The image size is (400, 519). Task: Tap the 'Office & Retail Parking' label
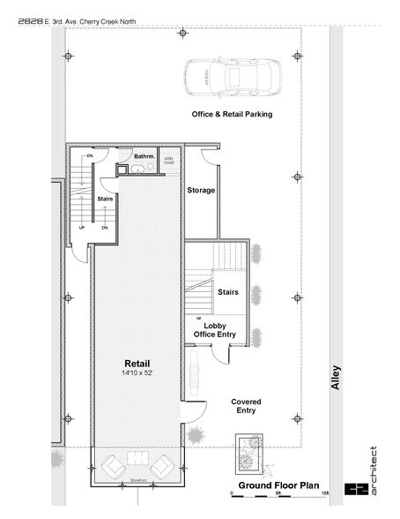(232, 115)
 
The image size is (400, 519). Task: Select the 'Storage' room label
(201, 190)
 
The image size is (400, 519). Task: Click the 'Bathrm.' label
(144, 156)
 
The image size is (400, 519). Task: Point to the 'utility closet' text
(169, 162)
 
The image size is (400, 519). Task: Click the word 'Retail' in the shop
(137, 364)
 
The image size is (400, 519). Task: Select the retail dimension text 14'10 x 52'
(137, 374)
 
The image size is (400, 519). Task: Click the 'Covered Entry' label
(246, 407)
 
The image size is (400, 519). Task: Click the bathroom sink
(139, 168)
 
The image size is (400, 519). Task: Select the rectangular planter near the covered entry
(246, 455)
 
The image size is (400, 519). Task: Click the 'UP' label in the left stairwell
(82, 228)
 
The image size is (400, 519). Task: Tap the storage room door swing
(209, 159)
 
